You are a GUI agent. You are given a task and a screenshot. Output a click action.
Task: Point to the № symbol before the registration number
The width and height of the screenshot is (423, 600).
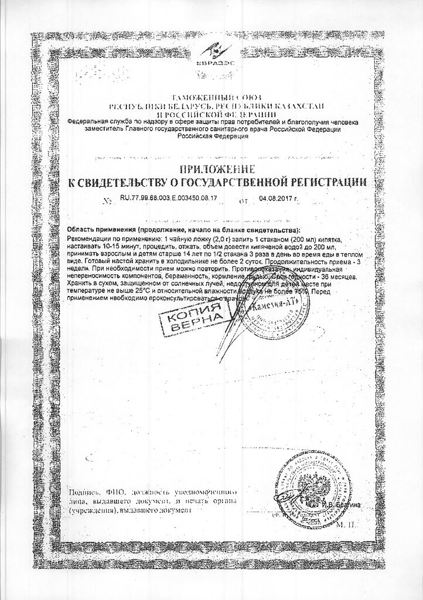tap(107, 200)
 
